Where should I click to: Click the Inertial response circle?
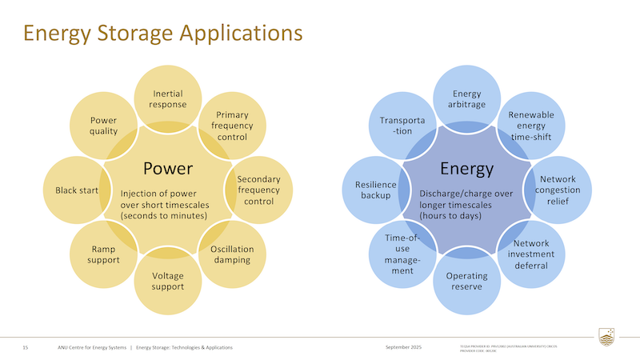tap(168, 99)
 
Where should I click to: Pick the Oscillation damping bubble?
tap(232, 254)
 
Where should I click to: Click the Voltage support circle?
tap(168, 281)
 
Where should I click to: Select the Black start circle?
tap(77, 190)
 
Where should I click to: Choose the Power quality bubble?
tap(104, 126)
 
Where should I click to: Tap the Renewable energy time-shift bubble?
tap(531, 126)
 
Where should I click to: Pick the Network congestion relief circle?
tap(558, 190)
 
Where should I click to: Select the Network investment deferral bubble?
tap(531, 254)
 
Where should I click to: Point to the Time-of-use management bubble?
tap(402, 254)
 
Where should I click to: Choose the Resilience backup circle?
tap(376, 190)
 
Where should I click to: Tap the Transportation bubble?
tap(402, 126)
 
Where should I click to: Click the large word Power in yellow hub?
tap(168, 169)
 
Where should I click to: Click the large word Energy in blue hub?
tap(466, 169)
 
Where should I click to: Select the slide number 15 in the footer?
tap(26, 347)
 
